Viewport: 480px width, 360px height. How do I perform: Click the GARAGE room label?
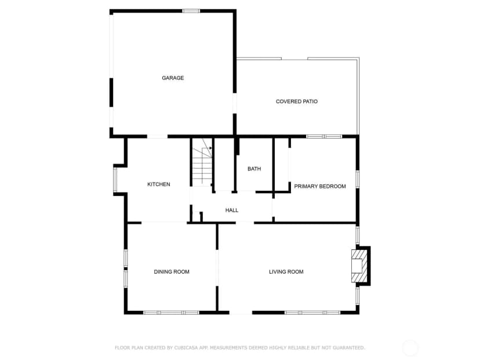173,78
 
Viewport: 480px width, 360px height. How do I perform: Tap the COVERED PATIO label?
297,101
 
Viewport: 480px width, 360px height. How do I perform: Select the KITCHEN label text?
159,184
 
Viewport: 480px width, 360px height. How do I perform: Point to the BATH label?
254,169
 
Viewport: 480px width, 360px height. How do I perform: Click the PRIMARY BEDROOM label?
320,187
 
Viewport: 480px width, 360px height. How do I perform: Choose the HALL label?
232,210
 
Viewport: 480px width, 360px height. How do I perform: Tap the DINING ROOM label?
172,272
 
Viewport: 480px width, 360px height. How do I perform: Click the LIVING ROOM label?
286,272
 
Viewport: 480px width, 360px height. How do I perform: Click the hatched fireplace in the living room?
359,266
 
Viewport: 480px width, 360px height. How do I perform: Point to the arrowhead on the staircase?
210,148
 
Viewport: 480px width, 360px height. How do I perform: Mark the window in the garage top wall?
191,11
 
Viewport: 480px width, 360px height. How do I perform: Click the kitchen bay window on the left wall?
115,180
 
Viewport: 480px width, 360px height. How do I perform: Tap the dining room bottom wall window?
171,312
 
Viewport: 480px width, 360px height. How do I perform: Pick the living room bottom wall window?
312,312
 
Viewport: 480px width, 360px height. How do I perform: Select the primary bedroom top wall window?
324,137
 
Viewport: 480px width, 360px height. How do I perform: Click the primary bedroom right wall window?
357,179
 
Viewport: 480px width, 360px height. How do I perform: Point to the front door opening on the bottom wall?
241,312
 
